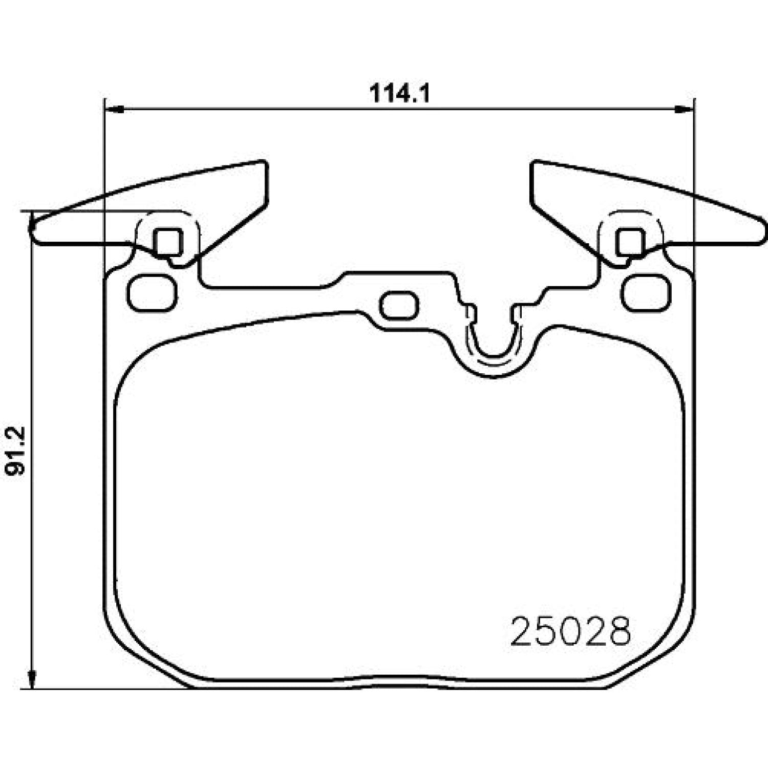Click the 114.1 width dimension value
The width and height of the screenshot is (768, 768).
coord(399,94)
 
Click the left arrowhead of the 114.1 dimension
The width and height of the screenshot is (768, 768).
coord(114,109)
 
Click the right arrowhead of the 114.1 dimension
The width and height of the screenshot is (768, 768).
coord(684,109)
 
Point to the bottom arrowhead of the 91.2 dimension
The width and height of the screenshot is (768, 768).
coord(32,678)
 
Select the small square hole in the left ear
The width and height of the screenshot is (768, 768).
coord(168,242)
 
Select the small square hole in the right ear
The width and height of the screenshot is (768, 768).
coord(630,242)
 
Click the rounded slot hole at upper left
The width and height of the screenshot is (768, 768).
coord(152,293)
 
